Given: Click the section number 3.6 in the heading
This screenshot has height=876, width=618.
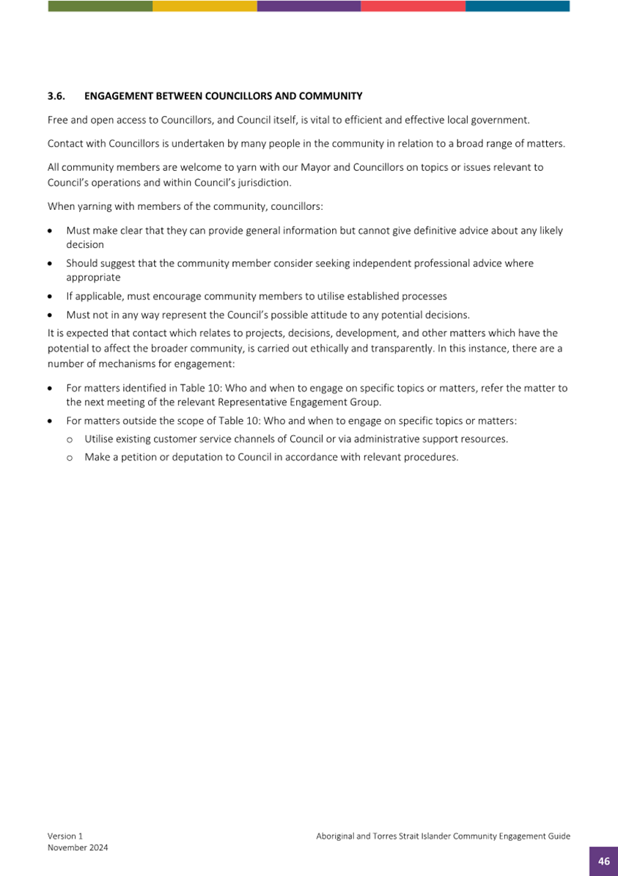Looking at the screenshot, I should (56, 96).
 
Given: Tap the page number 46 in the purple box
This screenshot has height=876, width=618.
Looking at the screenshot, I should (603, 861).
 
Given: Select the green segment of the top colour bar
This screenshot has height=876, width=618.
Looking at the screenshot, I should (100, 6).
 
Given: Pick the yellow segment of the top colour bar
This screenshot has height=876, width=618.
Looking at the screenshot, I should (205, 6).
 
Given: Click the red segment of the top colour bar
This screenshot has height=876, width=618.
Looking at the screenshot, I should (413, 6).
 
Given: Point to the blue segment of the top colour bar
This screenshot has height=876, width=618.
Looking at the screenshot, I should (518, 6).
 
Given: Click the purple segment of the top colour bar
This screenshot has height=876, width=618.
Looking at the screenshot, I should (309, 6).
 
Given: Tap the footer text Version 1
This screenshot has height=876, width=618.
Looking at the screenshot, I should (65, 836).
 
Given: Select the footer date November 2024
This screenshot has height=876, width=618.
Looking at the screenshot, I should (78, 847).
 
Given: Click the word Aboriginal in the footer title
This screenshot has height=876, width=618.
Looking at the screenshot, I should (336, 836).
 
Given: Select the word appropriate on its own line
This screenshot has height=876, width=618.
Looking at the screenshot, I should (93, 277).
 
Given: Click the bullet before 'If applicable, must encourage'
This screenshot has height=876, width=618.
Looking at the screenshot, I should (49, 296).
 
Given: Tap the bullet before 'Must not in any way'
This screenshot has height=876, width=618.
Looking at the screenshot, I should (49, 315).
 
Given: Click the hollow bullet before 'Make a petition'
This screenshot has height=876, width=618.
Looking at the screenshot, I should (70, 457).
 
